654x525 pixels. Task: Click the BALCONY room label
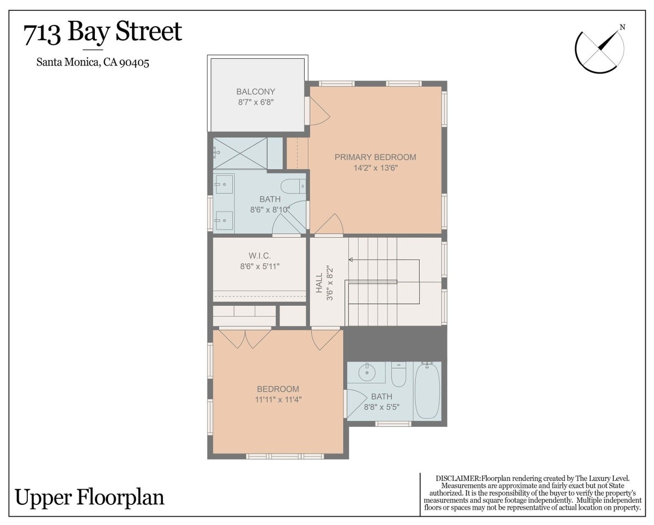(x=256, y=92)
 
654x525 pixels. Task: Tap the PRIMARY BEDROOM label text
(x=376, y=157)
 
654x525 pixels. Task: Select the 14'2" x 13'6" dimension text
(x=376, y=168)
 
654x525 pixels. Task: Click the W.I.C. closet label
(x=259, y=256)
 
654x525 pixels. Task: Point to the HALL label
(x=319, y=283)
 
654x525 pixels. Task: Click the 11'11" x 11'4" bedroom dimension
(x=278, y=400)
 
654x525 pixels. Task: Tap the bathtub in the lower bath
(x=427, y=391)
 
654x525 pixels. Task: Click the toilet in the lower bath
(x=399, y=374)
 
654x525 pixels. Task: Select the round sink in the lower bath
(x=367, y=372)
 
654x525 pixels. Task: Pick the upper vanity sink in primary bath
(x=225, y=184)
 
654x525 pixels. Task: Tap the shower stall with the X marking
(x=240, y=153)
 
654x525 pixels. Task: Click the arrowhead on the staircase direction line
(x=350, y=260)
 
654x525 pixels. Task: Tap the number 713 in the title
(x=42, y=34)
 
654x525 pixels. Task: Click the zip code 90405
(x=134, y=63)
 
